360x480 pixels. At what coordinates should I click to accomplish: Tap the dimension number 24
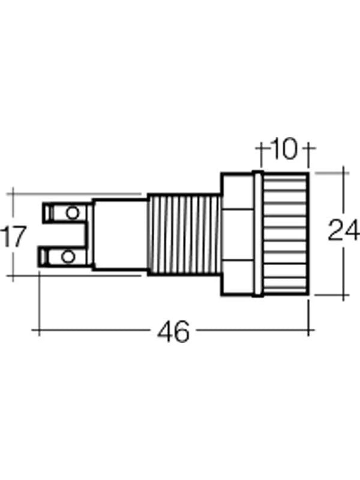click(x=343, y=230)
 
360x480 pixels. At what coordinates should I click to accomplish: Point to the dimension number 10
click(x=284, y=149)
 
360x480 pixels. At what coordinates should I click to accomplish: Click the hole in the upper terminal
click(x=73, y=212)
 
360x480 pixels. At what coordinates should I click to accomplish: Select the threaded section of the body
click(x=183, y=234)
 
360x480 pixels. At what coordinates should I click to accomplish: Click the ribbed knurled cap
click(x=286, y=234)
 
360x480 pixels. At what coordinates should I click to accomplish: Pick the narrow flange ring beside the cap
click(x=258, y=234)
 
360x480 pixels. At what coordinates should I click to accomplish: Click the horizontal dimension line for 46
click(x=96, y=331)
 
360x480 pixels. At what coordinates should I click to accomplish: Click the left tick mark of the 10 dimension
click(x=262, y=149)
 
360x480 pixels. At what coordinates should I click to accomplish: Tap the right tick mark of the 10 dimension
click(x=308, y=149)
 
